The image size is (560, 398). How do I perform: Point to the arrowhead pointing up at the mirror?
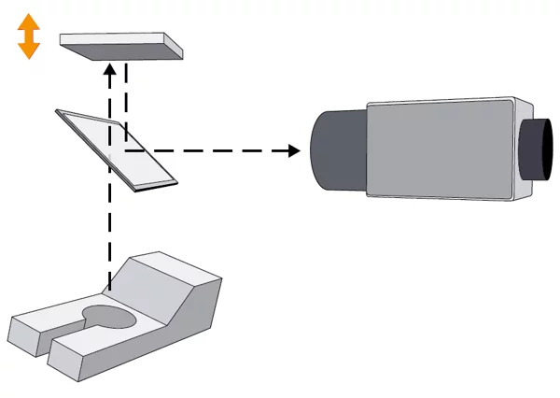click(x=110, y=70)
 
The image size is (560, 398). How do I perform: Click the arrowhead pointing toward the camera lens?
click(x=294, y=149)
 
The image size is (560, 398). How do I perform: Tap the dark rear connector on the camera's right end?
click(x=538, y=149)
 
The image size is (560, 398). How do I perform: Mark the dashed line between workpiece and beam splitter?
click(x=110, y=234)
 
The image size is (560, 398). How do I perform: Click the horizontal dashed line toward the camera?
click(x=205, y=149)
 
